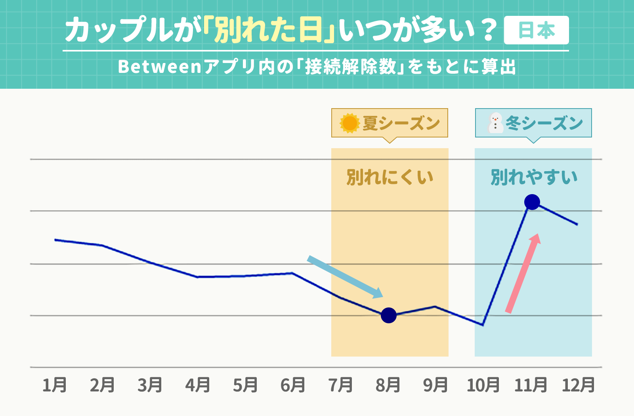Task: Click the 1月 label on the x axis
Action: (x=55, y=385)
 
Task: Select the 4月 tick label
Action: (x=197, y=385)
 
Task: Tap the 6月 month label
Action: (x=292, y=385)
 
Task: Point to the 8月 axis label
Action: (x=388, y=385)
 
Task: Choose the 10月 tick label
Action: (x=483, y=385)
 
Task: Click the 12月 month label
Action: (x=578, y=385)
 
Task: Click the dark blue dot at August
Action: (x=389, y=315)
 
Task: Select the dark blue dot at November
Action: (x=532, y=202)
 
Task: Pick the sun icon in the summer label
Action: (x=349, y=123)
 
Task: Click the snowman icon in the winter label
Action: (x=495, y=123)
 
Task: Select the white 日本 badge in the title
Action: (x=536, y=31)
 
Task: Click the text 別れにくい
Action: (x=390, y=177)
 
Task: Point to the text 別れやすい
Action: (x=534, y=177)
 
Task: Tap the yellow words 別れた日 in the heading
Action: (x=268, y=31)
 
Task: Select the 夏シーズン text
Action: (x=401, y=123)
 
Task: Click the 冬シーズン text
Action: (x=544, y=123)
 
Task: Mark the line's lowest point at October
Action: (x=483, y=325)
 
